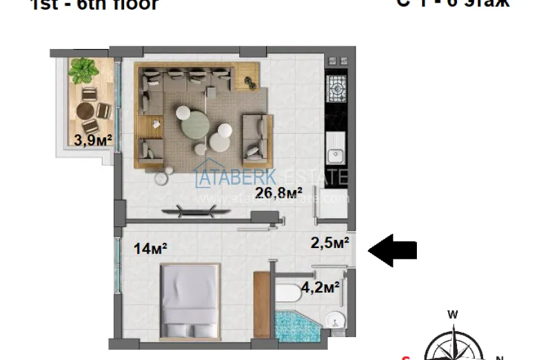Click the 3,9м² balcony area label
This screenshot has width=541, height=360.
pyautogui.click(x=89, y=141)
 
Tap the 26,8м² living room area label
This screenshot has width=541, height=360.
pyautogui.click(x=278, y=193)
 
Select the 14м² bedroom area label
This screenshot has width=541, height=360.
pyautogui.click(x=151, y=249)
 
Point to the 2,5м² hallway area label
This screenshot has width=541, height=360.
pyautogui.click(x=329, y=242)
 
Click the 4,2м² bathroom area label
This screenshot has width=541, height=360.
pyautogui.click(x=320, y=287)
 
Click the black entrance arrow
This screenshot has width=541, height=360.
pyautogui.click(x=393, y=249)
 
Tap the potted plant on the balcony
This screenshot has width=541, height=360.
pyautogui.click(x=83, y=70)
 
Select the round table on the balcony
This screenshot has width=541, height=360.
pyautogui.click(x=87, y=111)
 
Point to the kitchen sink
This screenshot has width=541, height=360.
pyautogui.click(x=335, y=154)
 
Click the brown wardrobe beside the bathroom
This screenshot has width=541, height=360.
pyautogui.click(x=262, y=305)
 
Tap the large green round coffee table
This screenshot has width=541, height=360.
pyautogui.click(x=195, y=125)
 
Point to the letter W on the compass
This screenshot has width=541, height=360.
pyautogui.click(x=453, y=314)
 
